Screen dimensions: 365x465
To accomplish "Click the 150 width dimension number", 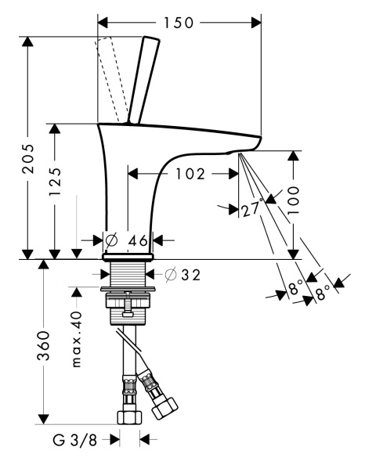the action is (179, 23).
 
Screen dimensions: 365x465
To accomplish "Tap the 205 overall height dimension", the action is (29, 159).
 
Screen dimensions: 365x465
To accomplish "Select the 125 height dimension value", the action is (55, 181).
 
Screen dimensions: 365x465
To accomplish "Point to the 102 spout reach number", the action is (190, 174).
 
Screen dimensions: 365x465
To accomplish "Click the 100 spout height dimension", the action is (293, 200).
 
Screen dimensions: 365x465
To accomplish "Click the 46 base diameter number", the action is (138, 240).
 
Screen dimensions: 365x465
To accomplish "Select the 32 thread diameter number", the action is (191, 275).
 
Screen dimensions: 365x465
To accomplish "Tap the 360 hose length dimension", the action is (43, 346).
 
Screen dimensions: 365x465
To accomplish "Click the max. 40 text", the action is (76, 339).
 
